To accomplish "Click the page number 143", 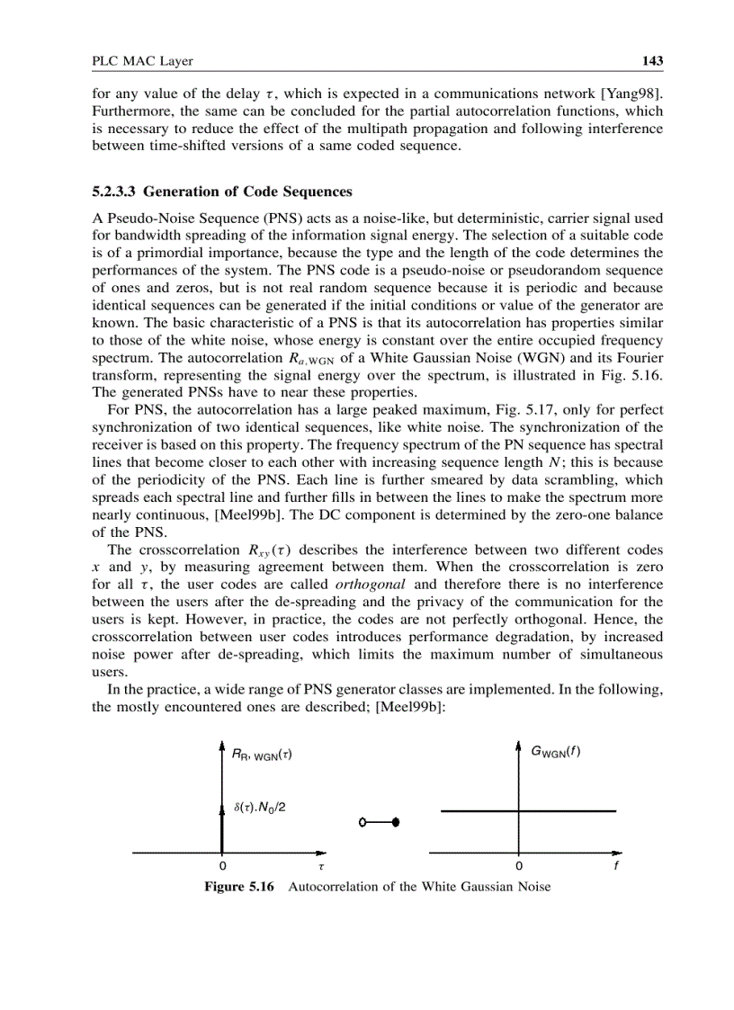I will pos(652,61).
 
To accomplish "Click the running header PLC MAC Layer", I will pos(143,61).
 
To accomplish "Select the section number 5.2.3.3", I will pos(115,192).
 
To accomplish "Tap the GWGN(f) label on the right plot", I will pos(555,752).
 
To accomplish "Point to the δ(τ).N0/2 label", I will pos(260,807).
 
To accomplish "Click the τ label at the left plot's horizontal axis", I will pos(321,866).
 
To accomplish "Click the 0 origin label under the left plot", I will pos(222,866).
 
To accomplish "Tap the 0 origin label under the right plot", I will pos(519,866).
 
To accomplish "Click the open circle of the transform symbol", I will pos(362,822).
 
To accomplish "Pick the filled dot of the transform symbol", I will pos(396,822).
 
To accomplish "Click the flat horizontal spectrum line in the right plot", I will pos(558,811).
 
